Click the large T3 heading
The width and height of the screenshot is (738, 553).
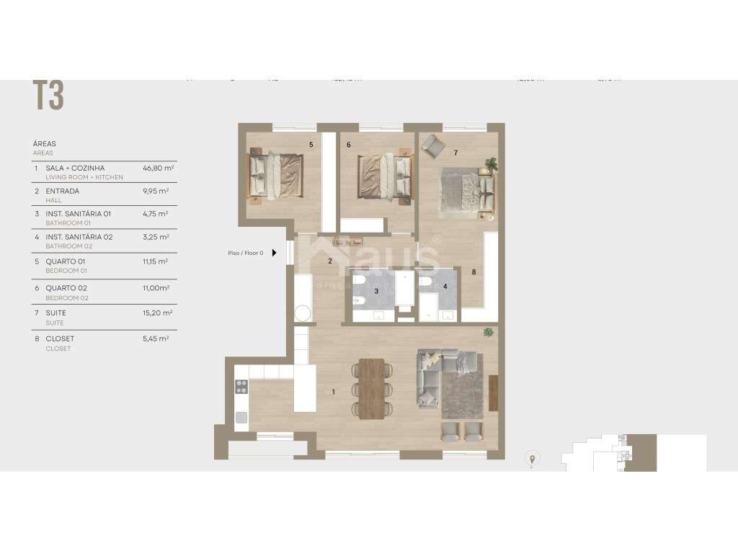pyautogui.click(x=48, y=95)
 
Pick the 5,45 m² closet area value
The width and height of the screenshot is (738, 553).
pyautogui.click(x=156, y=338)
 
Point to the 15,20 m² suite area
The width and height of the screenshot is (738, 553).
pyautogui.click(x=156, y=313)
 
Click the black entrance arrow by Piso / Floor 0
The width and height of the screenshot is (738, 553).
pyautogui.click(x=274, y=253)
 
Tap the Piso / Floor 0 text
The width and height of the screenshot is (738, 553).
pyautogui.click(x=246, y=253)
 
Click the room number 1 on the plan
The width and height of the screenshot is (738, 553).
pyautogui.click(x=333, y=392)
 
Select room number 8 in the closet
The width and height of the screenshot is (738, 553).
pyautogui.click(x=474, y=272)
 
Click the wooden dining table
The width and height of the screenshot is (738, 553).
pyautogui.click(x=372, y=388)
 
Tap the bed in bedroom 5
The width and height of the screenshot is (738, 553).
pyautogui.click(x=275, y=174)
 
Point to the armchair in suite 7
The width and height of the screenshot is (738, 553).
pyautogui.click(x=433, y=146)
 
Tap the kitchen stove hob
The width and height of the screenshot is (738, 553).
pyautogui.click(x=241, y=387)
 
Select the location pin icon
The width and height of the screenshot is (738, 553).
pyautogui.click(x=533, y=458)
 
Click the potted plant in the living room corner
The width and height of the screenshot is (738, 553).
pyautogui.click(x=489, y=333)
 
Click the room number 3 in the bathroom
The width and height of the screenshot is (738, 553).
pyautogui.click(x=376, y=291)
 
